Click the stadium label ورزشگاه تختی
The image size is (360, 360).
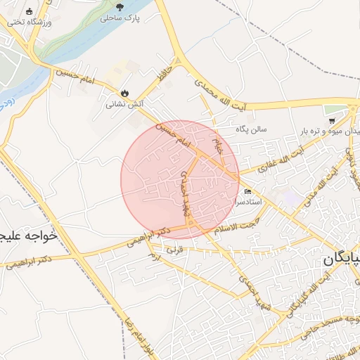click(30, 22)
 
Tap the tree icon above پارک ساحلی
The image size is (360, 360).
click(120, 6)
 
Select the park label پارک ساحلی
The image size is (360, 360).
click(120, 18)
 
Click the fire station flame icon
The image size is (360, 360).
click(125, 93)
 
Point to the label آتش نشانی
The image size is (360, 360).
click(125, 104)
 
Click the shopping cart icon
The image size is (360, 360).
click(331, 120)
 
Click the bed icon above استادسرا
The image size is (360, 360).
click(247, 191)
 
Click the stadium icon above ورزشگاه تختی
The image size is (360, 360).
click(29, 11)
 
